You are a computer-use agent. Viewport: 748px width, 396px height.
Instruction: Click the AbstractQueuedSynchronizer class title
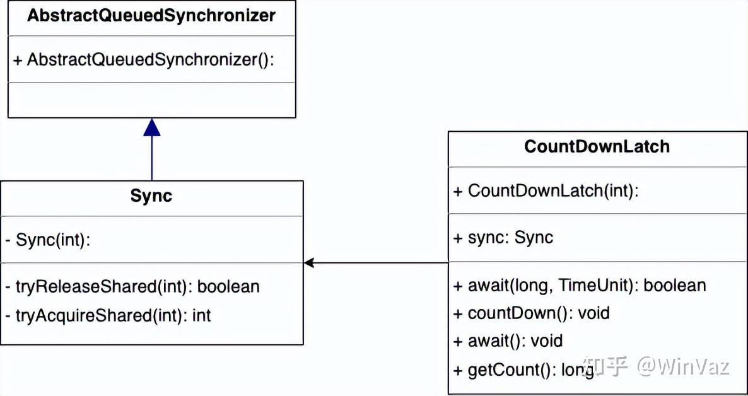coord(151,16)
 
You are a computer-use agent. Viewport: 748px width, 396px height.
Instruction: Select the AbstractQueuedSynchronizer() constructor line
coord(144,60)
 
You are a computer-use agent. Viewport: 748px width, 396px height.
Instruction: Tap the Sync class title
coord(151,196)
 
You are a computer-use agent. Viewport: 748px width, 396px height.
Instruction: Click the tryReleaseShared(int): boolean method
coord(132,286)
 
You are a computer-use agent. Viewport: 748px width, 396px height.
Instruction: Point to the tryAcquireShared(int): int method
coord(108,315)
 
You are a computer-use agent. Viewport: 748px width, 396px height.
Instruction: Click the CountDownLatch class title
coord(597,147)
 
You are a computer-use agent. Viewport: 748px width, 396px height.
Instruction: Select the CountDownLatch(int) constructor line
coord(546,191)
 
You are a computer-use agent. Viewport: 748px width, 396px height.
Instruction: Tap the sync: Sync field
coord(503,238)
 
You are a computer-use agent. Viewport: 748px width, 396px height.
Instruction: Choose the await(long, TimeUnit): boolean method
coord(580,286)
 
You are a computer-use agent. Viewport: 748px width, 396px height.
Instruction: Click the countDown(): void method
coord(532,313)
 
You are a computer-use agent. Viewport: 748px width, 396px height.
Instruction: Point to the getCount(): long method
coord(523,370)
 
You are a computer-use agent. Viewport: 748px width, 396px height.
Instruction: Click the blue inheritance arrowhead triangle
coord(151,128)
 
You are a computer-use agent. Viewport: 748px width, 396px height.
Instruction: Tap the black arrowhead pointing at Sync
coord(309,263)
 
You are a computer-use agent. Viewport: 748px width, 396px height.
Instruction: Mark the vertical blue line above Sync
coord(151,159)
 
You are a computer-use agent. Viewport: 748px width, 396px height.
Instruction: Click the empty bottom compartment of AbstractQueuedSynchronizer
coord(151,100)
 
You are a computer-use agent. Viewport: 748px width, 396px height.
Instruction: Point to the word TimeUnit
coord(603,286)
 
